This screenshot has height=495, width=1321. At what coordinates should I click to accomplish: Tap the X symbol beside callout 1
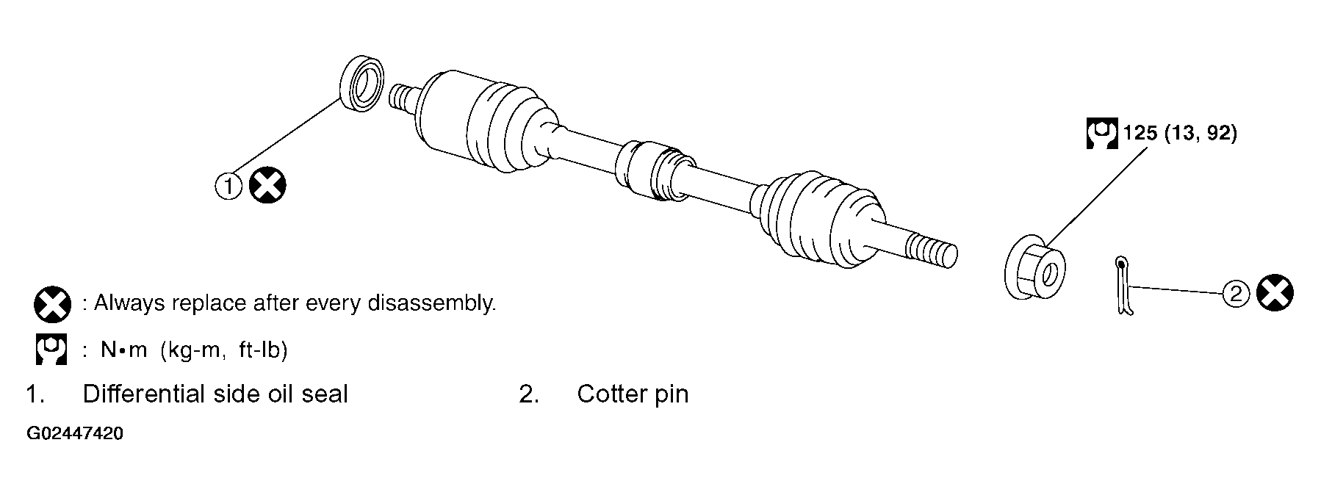point(267,185)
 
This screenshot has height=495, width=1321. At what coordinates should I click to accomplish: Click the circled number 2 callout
point(1236,294)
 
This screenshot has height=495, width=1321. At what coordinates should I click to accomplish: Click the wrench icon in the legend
point(51,349)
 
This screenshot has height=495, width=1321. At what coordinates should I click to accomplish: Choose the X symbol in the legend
point(52,303)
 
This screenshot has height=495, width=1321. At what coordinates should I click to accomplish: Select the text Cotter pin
point(633,394)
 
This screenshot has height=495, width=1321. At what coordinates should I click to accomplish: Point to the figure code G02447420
point(75,434)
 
